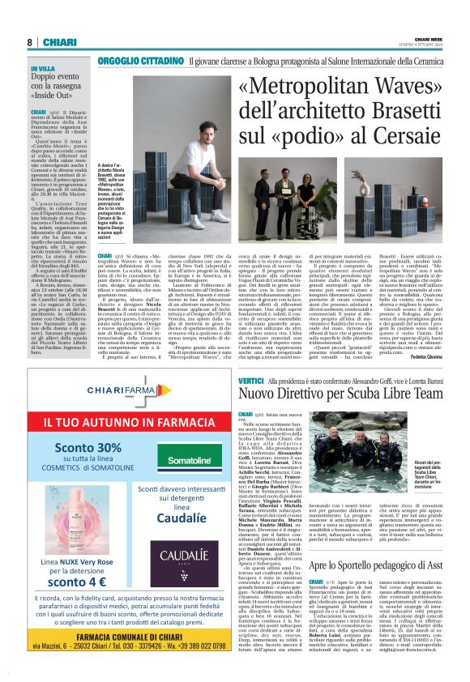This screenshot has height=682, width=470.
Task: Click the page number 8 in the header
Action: (x=29, y=42)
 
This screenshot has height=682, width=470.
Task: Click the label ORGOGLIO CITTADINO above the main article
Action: (x=139, y=61)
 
